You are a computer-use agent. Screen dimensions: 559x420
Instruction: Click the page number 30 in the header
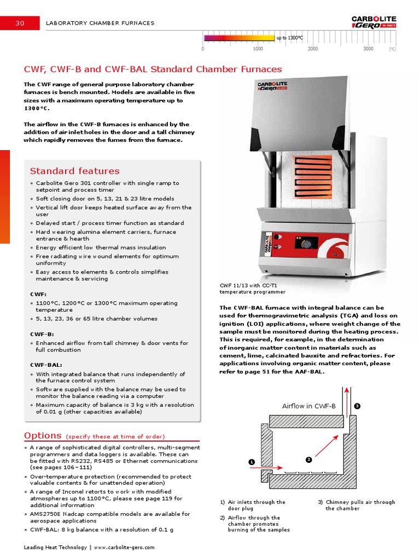click(x=20, y=23)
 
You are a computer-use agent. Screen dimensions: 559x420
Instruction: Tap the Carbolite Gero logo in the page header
click(x=374, y=22)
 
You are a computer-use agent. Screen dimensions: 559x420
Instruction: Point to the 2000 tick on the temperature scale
click(x=313, y=49)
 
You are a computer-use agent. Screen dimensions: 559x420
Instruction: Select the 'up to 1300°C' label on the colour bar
click(x=289, y=38)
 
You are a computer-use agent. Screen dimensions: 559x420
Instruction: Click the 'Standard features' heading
click(x=74, y=171)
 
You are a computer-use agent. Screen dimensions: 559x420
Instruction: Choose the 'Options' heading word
click(x=43, y=436)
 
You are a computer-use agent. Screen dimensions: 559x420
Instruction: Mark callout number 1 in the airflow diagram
click(x=252, y=462)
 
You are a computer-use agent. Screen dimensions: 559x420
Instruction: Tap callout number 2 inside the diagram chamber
click(x=308, y=460)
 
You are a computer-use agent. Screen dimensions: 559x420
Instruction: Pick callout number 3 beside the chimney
click(x=357, y=406)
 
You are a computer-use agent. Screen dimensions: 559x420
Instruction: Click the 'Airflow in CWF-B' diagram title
click(x=308, y=406)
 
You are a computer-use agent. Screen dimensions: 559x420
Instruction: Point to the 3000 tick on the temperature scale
click(x=368, y=49)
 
